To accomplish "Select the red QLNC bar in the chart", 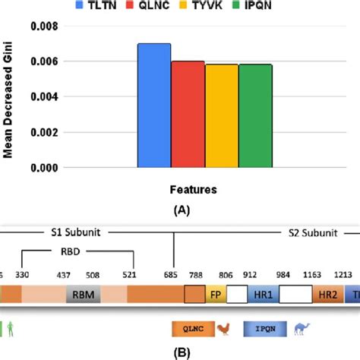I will [x=188, y=114].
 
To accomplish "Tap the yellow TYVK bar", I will [x=221, y=115].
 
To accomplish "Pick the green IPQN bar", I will [x=255, y=115].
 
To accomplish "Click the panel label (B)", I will [x=180, y=352].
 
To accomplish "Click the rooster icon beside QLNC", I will [x=223, y=328].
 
